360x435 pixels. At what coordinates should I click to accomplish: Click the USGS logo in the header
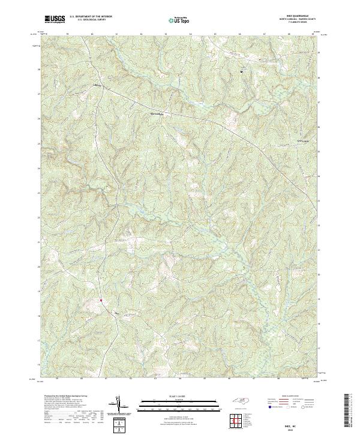pyautogui.click(x=55, y=19)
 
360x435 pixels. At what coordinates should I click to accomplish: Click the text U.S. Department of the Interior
pyautogui.click(x=91, y=17)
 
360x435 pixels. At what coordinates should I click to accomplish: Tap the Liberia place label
pyautogui.click(x=98, y=85)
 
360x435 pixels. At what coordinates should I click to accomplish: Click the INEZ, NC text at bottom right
pyautogui.click(x=296, y=423)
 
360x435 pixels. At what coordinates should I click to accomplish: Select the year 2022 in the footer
pyautogui.click(x=296, y=427)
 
